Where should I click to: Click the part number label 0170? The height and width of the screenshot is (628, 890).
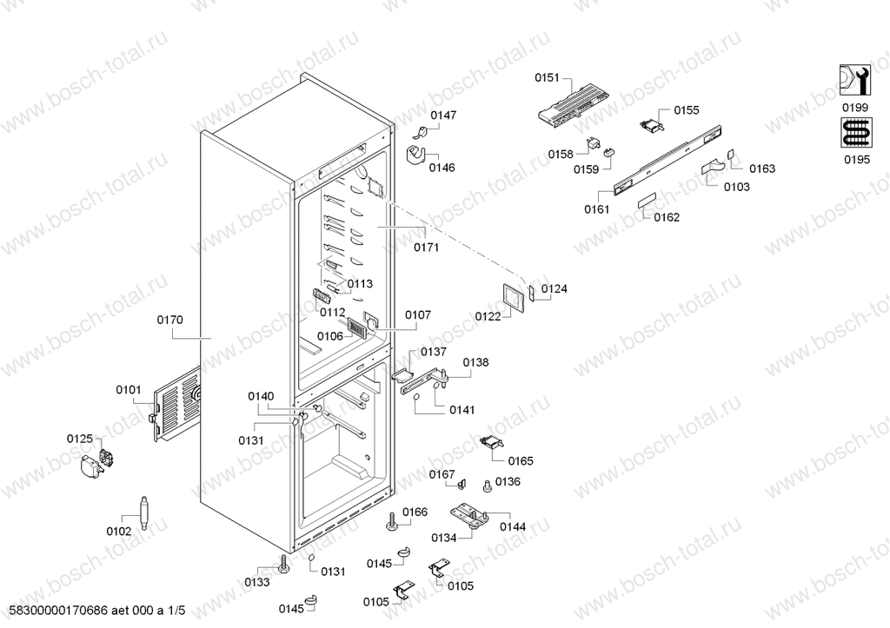(169, 320)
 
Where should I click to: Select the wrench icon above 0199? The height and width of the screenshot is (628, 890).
(854, 83)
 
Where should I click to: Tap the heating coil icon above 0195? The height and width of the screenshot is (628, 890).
(854, 134)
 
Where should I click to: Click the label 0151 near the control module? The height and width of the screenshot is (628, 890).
(548, 77)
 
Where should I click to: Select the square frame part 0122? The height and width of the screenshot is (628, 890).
(512, 297)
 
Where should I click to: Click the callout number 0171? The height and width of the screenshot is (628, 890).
(426, 248)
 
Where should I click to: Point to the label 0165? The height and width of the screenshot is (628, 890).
(521, 461)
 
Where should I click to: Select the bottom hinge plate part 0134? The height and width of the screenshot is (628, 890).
(469, 518)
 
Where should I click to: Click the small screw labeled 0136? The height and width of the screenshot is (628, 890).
(486, 486)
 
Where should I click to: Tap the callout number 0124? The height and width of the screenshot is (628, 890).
(554, 288)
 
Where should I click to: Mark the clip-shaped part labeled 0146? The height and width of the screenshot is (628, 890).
(417, 155)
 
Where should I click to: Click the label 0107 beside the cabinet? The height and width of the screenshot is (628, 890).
(418, 314)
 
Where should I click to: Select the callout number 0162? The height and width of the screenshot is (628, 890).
(667, 217)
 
